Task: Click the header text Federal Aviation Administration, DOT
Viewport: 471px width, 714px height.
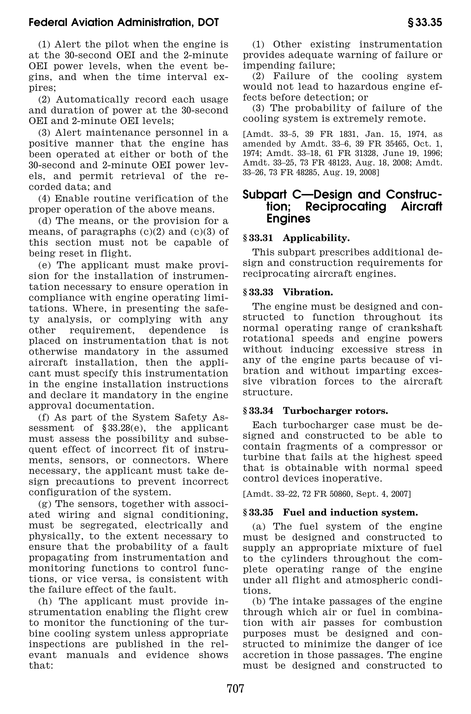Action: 124,23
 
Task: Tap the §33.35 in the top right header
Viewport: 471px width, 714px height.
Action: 424,23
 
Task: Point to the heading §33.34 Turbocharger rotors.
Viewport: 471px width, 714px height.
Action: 315,410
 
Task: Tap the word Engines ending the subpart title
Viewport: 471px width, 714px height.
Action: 288,218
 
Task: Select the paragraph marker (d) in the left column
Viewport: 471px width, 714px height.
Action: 45,221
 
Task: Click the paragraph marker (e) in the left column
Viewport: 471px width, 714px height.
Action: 45,265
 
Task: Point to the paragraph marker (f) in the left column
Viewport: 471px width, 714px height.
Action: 44,417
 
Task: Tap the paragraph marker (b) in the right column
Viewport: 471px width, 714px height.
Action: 259,601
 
